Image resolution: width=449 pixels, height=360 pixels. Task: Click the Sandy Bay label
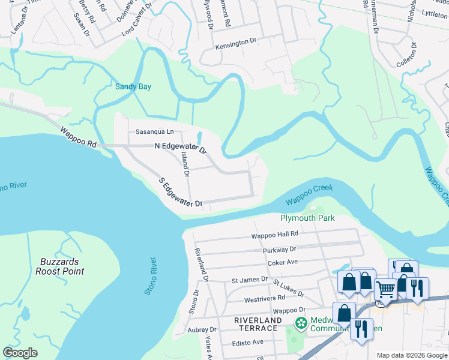(133, 86)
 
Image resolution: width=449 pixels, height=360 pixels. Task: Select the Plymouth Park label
(307, 218)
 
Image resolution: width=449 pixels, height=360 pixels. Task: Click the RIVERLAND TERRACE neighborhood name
(258, 321)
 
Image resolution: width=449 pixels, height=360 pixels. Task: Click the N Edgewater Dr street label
(180, 146)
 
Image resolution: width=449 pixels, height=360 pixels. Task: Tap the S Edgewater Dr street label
(180, 193)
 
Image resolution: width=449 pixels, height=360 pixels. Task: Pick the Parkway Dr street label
(279, 249)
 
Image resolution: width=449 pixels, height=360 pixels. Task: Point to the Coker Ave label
(283, 262)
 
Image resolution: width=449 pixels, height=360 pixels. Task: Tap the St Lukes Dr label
(289, 288)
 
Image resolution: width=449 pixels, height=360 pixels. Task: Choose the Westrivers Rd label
(264, 298)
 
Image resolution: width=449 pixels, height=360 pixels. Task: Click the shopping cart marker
(385, 290)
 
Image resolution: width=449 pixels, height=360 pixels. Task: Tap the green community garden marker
(301, 324)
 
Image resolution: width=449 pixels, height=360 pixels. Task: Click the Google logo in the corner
(20, 353)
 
